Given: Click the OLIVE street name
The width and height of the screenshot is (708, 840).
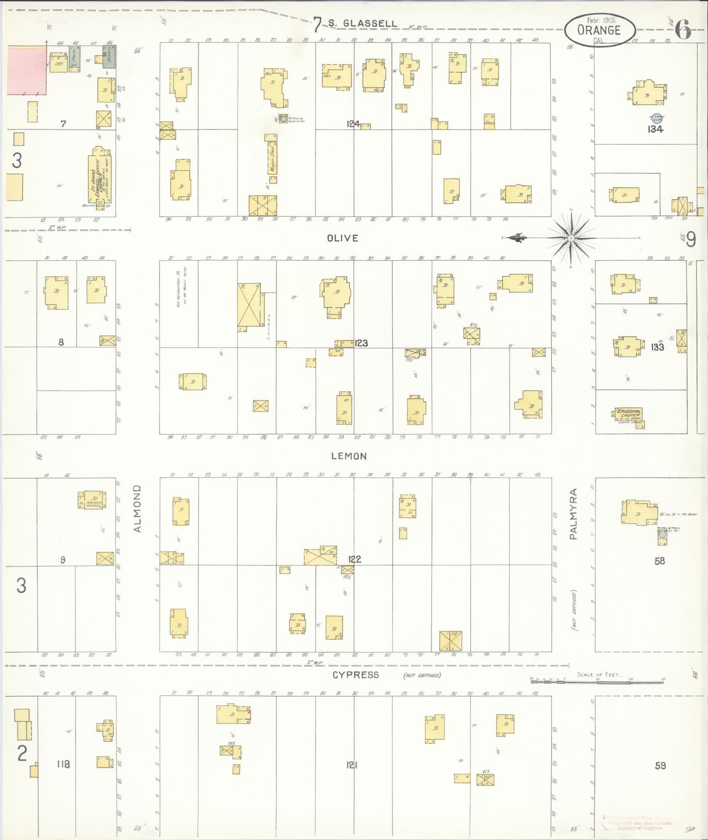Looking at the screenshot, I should [x=342, y=238].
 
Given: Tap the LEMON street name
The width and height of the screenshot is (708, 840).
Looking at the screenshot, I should [x=349, y=456].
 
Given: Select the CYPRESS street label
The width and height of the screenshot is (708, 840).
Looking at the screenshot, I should [x=355, y=675].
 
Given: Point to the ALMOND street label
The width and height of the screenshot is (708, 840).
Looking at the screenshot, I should [x=138, y=508].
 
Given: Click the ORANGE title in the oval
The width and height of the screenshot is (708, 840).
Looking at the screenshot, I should [x=599, y=30].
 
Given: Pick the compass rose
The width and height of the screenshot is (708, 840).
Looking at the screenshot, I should [x=571, y=238].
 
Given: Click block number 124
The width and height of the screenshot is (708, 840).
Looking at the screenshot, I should [x=352, y=124].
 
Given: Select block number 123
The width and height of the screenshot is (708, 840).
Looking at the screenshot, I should [x=361, y=343].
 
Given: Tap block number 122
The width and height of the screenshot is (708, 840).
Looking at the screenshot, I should [x=354, y=559].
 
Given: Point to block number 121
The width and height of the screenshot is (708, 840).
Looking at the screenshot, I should [x=351, y=764].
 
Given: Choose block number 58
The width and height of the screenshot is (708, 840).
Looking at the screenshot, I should [x=659, y=561].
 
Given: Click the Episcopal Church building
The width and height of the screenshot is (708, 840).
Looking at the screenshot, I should [x=629, y=416].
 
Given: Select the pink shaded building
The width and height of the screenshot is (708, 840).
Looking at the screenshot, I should [x=27, y=71].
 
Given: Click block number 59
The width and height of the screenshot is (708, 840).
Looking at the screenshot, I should [x=660, y=765].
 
